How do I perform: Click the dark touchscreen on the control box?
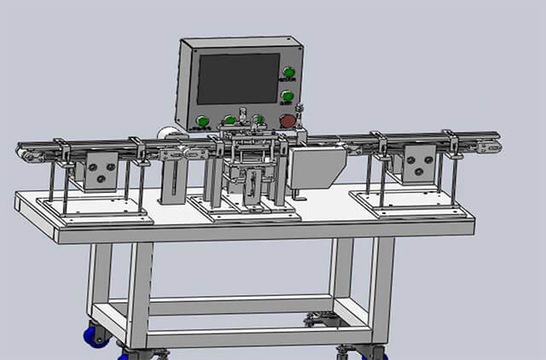pos(238,78)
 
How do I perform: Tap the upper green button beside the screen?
pos(289,72)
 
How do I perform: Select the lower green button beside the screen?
pos(288,96)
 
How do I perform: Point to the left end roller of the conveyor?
pos(22,153)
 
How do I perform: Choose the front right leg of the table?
pos(380,290)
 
